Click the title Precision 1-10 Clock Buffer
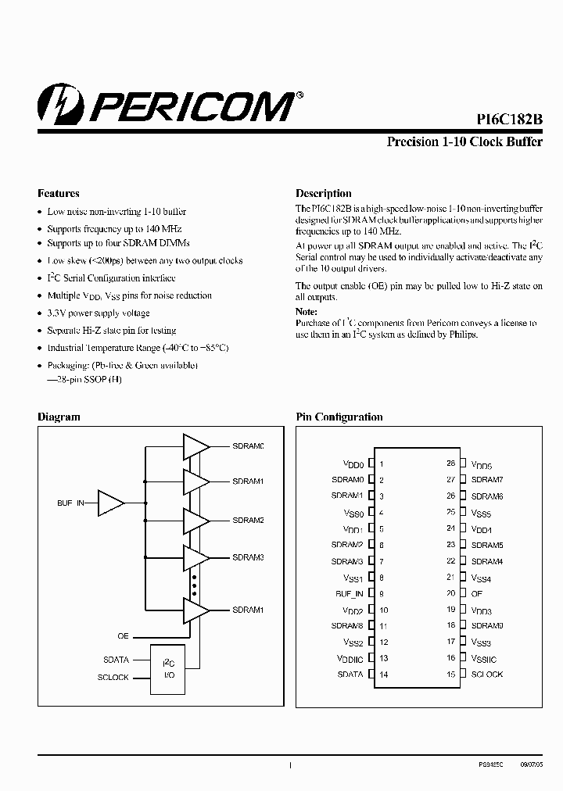point(464,142)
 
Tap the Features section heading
point(59,193)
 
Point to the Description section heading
point(323,193)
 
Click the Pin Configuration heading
point(339,417)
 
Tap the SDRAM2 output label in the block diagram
point(248,520)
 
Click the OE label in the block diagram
point(123,636)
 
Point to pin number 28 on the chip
point(451,464)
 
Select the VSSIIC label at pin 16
point(484,659)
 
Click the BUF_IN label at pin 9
point(350,594)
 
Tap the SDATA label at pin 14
point(350,675)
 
